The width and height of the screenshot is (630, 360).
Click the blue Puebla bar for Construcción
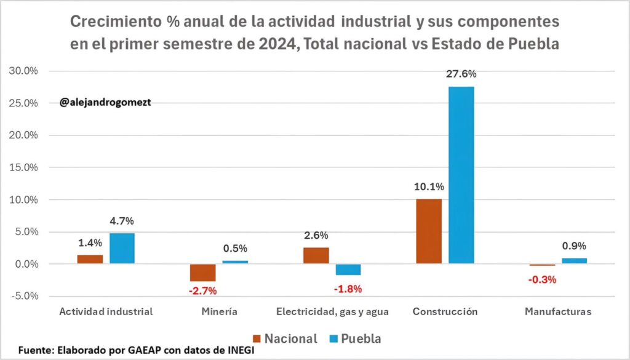461,175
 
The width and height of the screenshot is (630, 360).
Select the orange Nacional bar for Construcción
429,231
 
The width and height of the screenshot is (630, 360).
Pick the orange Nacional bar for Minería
202,273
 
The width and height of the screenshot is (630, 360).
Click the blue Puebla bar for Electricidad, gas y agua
348,270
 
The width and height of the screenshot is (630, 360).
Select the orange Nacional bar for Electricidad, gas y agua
316,255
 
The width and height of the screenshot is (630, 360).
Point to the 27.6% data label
461,74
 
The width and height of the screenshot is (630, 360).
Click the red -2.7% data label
203,290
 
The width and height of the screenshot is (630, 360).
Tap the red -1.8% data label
348,289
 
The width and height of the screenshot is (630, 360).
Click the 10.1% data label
429,186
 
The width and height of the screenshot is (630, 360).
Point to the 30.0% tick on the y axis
23,71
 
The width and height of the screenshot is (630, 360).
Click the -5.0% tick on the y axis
23,296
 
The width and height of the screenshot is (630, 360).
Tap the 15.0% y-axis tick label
23,167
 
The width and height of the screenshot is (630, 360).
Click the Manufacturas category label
558,312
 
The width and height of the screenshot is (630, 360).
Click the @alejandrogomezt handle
105,103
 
